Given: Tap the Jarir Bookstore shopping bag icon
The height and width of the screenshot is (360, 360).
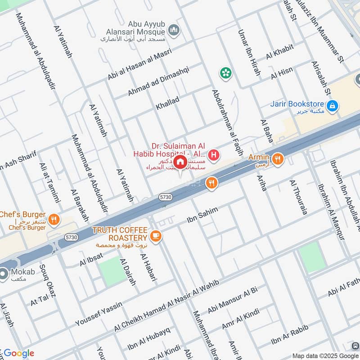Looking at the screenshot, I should [x=333, y=106].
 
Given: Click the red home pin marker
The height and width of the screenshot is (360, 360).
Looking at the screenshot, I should [x=180, y=162].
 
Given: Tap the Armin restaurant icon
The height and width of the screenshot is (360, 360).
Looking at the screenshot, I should [x=278, y=158].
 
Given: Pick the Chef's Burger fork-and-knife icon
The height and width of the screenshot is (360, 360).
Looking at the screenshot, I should [x=54, y=219].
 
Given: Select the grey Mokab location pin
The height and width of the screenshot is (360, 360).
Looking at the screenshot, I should [x=4, y=273].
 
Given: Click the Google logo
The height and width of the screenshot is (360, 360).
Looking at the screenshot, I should [x=18, y=353].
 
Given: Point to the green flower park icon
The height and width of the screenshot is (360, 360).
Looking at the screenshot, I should [x=225, y=72].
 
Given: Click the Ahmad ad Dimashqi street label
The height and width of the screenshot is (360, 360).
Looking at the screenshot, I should [x=158, y=80].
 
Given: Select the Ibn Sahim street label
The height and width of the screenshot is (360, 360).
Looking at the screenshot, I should [x=202, y=216].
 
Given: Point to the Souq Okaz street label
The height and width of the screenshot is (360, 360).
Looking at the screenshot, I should [x=49, y=283].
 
